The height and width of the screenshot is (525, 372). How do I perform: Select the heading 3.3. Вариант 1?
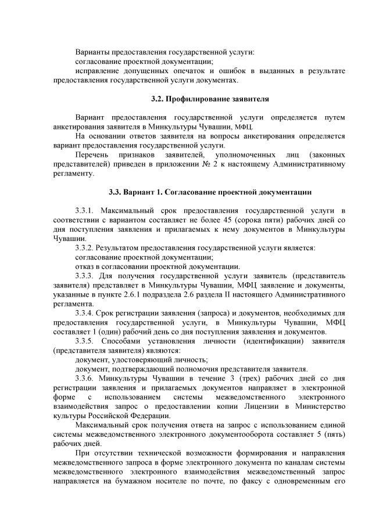coord(210,192)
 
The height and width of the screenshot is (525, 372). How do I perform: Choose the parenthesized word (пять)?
coord(333,434)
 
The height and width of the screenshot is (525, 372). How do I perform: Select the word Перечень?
coord(94,155)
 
